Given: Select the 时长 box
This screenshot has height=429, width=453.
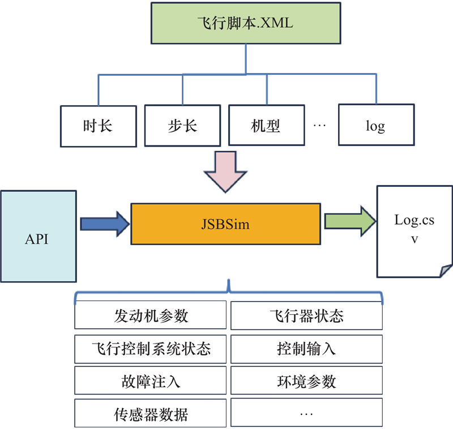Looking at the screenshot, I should coord(97,125).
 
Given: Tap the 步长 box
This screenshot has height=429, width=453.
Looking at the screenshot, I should coord(182,125).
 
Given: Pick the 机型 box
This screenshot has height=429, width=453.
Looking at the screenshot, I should coord(266,125).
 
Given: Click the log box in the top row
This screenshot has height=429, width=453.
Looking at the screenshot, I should coord(375,125).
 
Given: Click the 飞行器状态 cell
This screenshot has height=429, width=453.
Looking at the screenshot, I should coord(306,316).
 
